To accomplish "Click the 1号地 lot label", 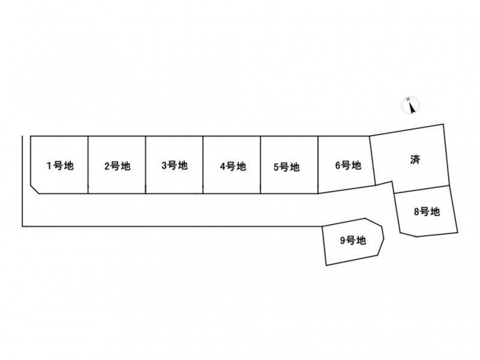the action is pos(60,166).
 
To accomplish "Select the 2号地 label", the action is pos(118,166).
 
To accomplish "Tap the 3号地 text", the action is pos(175,166).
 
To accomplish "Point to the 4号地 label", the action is pos(233,166).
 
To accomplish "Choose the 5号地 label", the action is pos(287,167).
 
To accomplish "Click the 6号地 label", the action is pos(349,166).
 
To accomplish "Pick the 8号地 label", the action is pos(427,212).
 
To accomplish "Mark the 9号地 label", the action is pos(353,241).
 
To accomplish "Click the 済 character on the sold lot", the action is pos(415,160).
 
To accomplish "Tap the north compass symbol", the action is pos(410,106).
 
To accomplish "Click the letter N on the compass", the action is pos(408,99).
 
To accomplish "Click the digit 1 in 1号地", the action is pos(49,166).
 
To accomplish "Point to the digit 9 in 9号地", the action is pos(343,241).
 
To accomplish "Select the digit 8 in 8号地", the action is pos(416,212).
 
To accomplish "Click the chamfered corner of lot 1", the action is pos(35,189).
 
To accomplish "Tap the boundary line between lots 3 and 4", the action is pos(203,165).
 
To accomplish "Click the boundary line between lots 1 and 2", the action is pos(88,165).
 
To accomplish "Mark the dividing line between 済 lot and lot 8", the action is pos(422,190).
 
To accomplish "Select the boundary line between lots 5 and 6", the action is pos(318,165).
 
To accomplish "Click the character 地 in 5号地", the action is pos(295,167).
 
